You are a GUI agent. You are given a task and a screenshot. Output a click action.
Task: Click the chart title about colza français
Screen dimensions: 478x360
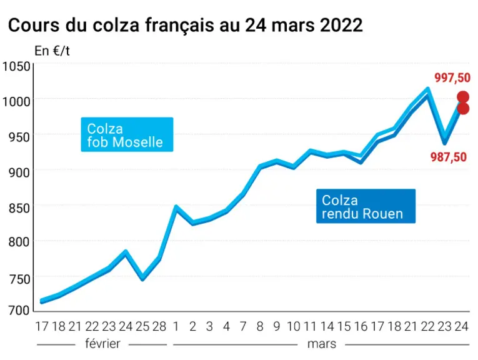(x=186, y=25)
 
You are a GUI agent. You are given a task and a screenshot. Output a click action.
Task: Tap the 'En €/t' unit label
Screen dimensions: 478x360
(x=52, y=51)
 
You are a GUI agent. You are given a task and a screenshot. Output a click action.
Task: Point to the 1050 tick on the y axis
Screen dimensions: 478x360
(x=16, y=66)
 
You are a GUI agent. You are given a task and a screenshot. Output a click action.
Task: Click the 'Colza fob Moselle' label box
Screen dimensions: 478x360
(x=127, y=134)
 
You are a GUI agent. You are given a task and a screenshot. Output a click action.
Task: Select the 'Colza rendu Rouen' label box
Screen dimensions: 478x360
(x=366, y=206)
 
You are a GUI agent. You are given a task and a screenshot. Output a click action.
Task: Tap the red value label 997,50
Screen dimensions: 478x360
(x=452, y=77)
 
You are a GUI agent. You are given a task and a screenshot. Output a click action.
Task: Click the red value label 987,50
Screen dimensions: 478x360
(x=449, y=157)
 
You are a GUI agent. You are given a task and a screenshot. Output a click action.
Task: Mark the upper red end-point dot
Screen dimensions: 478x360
(x=463, y=97)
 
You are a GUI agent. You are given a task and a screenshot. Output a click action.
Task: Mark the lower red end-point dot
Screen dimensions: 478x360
(x=463, y=109)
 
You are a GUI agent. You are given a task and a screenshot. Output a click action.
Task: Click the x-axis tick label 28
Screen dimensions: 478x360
(x=159, y=326)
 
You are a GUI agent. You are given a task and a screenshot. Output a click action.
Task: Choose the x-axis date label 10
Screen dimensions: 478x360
(x=294, y=326)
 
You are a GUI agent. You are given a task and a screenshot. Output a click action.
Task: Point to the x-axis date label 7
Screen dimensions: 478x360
(x=243, y=326)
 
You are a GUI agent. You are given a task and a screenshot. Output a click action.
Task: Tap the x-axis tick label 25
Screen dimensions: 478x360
(x=142, y=326)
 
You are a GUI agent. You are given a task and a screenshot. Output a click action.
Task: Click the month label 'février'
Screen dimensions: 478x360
(x=102, y=344)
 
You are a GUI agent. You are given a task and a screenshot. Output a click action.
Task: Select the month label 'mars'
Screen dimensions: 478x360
(x=322, y=344)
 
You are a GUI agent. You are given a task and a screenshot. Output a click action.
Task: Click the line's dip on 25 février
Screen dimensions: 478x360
(x=142, y=279)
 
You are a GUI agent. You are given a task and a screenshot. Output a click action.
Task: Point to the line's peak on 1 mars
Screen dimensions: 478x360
(x=176, y=207)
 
